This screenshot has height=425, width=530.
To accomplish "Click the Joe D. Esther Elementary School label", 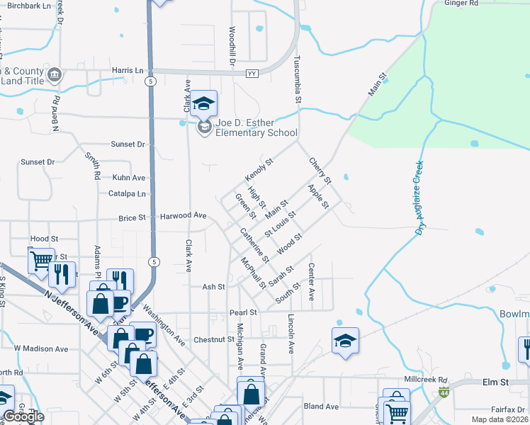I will (256, 127).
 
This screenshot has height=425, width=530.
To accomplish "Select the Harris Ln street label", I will (128, 71).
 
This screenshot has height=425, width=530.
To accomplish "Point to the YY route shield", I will (252, 74).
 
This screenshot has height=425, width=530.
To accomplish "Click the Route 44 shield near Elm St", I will (444, 392).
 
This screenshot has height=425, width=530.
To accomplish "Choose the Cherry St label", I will (320, 169).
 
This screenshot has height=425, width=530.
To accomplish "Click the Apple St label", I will (318, 196).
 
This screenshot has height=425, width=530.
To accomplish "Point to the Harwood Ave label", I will (183, 215).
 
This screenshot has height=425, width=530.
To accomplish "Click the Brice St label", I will (132, 217).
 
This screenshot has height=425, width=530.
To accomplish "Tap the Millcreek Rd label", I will (424, 380).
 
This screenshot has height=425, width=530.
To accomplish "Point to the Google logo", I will (24, 416).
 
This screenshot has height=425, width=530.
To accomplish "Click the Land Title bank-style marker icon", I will (55, 74).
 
